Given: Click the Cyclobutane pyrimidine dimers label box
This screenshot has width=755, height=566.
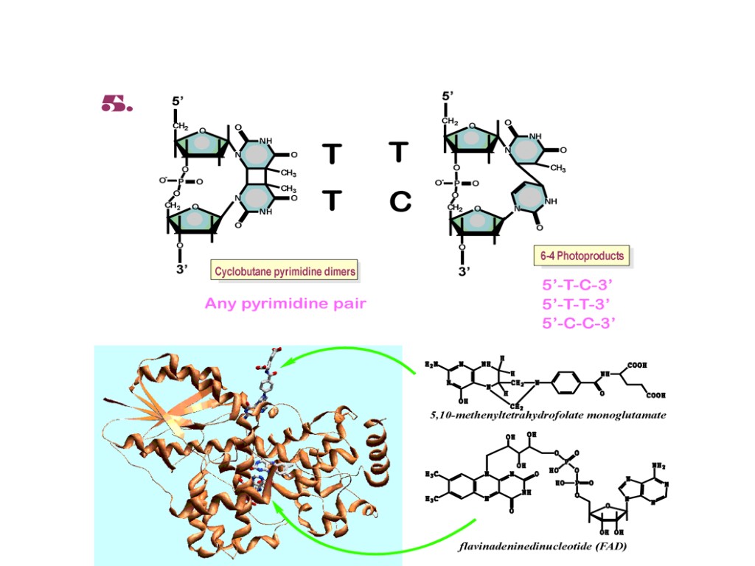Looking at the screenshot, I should point(285,271).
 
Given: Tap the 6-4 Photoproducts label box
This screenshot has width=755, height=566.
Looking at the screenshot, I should point(582,256).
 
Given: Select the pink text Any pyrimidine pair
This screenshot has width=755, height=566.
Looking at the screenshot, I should point(285,303).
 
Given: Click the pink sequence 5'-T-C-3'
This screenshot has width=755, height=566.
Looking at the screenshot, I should point(577,285).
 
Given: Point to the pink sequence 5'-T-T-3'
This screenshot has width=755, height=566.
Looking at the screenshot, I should point(577,304).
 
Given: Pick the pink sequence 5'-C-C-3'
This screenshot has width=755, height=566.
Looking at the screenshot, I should point(577,322).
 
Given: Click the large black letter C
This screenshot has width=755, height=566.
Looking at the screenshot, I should point(400,202).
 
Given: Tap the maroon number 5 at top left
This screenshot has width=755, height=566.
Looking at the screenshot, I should point(116,105).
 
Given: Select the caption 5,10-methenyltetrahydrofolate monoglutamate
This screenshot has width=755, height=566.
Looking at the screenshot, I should point(548,415).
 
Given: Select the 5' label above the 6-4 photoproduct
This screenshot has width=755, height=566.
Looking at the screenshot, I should point(448,97).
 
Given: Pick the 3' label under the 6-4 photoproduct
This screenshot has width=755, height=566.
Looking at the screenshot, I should point(464,271).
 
